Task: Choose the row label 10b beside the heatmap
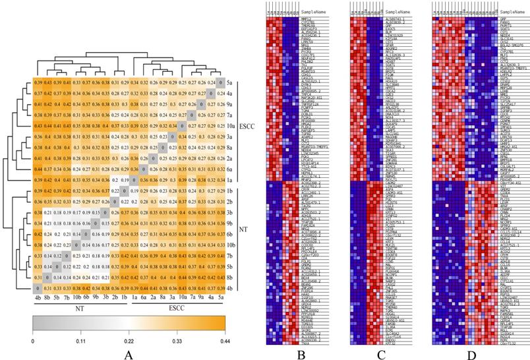231,244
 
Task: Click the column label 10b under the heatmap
78,297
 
